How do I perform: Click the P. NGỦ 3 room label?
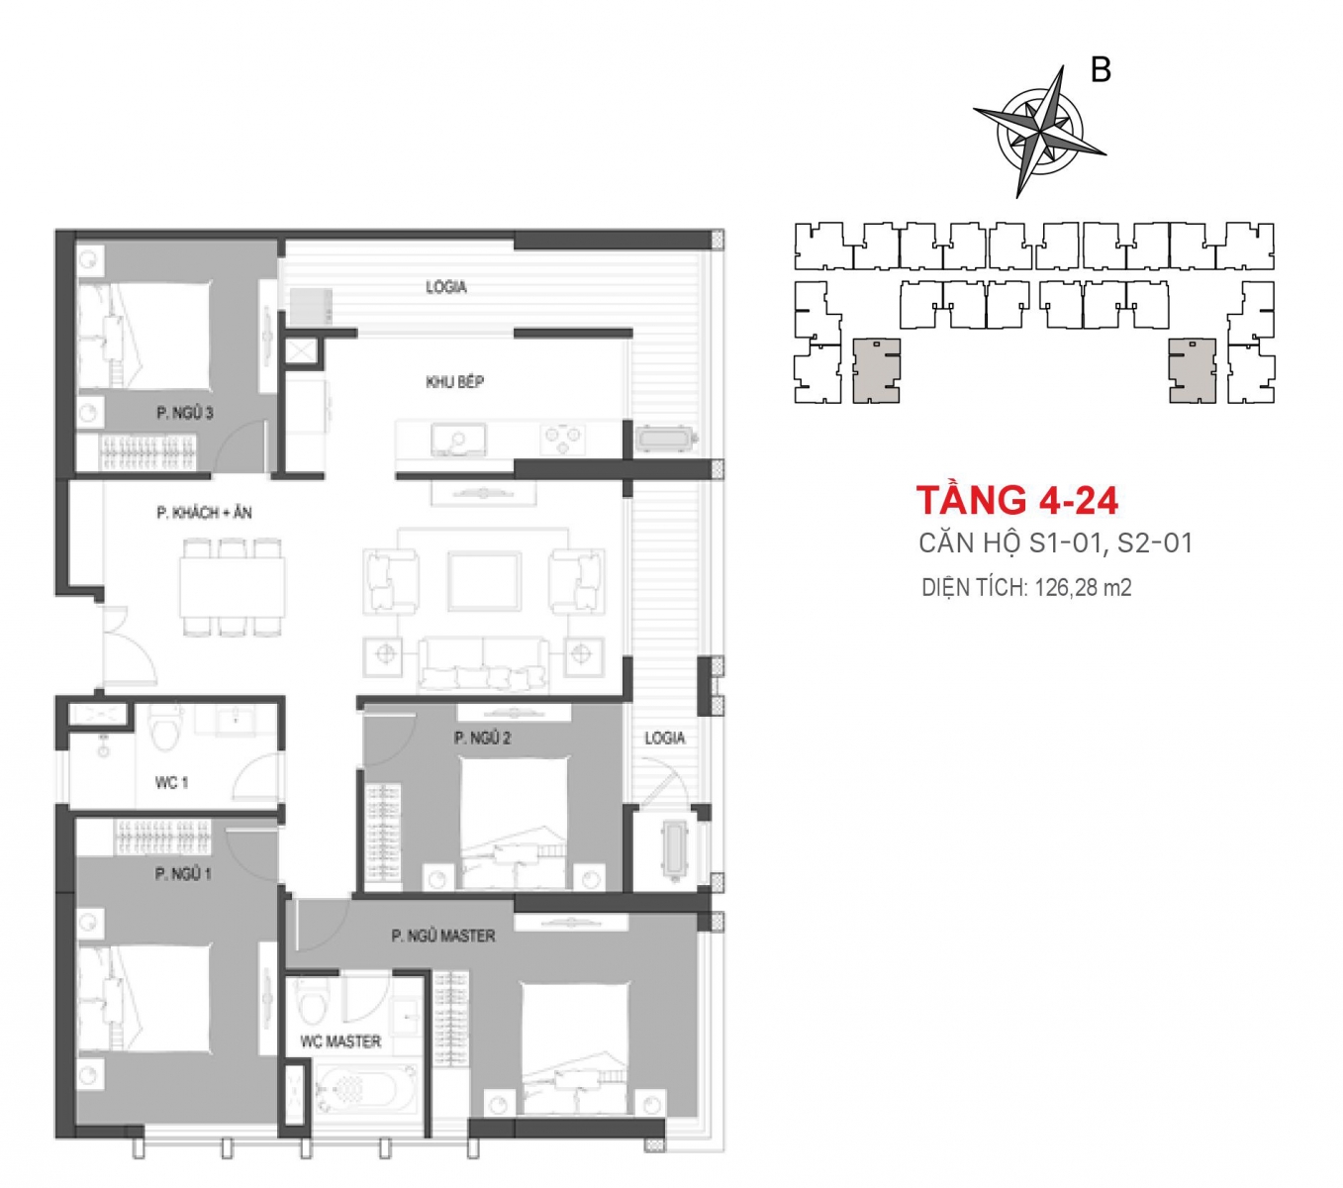184,413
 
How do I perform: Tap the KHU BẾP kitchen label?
454,381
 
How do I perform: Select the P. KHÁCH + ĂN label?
204,512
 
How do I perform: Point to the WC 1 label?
171,783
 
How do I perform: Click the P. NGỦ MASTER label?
443,936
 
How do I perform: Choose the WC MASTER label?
340,1041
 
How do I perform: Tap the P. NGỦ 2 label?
483,738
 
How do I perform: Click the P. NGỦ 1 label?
183,873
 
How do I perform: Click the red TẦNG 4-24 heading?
1017,500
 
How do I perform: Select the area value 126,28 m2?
1083,588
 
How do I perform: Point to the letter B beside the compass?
1102,69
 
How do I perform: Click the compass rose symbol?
1039,132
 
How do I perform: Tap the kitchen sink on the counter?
458,440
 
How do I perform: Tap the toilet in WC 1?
165,729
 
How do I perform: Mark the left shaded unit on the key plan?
876,371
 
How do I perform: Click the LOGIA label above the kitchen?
446,286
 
